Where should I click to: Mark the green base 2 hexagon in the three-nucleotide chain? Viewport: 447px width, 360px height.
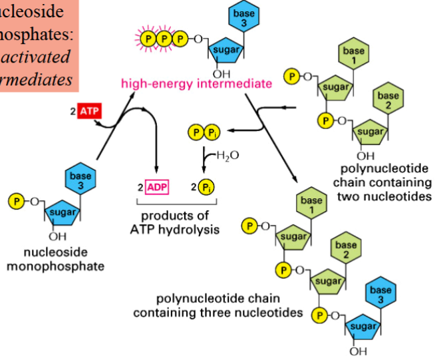click(347, 250)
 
